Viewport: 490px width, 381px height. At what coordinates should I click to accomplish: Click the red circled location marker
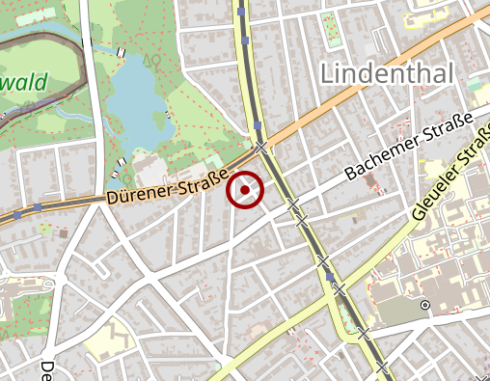tap(246, 190)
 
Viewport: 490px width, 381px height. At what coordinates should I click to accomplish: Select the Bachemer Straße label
tap(409, 147)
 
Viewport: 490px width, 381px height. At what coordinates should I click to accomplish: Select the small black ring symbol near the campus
tap(423, 305)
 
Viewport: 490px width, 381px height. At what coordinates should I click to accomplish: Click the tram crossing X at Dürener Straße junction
tap(260, 147)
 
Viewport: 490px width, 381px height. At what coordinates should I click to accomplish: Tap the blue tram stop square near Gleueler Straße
tap(331, 278)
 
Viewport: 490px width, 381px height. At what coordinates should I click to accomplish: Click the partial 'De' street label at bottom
tap(46, 370)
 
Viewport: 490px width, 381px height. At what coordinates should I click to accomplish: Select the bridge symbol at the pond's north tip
tap(121, 52)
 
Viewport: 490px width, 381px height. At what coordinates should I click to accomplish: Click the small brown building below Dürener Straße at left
tap(63, 232)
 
